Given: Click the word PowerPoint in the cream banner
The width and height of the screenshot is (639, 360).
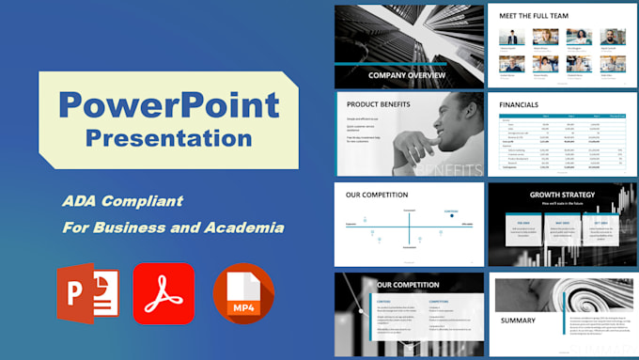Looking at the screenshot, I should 168,103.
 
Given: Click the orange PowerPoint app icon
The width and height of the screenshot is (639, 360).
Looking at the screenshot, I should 88,295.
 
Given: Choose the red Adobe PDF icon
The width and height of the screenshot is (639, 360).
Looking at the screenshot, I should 164,293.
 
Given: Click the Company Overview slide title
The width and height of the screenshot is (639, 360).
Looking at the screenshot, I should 407,75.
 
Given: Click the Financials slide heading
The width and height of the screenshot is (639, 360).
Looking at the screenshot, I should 519,104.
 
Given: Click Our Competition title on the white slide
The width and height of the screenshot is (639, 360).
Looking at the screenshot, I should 377,196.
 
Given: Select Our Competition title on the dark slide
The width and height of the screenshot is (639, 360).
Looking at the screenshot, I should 408,285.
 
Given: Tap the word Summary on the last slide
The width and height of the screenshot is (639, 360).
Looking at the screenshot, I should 518,321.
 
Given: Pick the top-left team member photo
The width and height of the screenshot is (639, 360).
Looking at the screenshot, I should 507,36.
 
